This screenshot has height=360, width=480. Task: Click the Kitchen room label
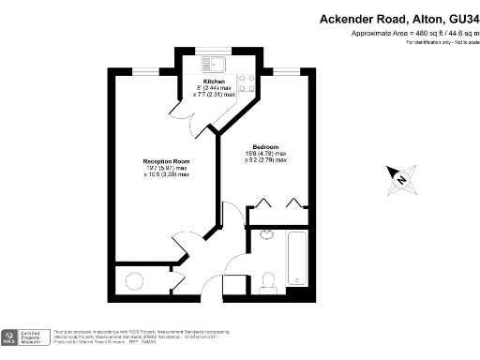[214, 82]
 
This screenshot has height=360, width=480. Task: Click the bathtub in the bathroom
[297, 257]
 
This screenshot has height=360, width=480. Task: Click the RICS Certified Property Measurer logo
[23, 337]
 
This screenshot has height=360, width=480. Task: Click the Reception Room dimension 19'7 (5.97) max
[166, 169]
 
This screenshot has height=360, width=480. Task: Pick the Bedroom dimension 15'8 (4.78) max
[265, 154]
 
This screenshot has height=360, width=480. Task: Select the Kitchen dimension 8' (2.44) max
[213, 88]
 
